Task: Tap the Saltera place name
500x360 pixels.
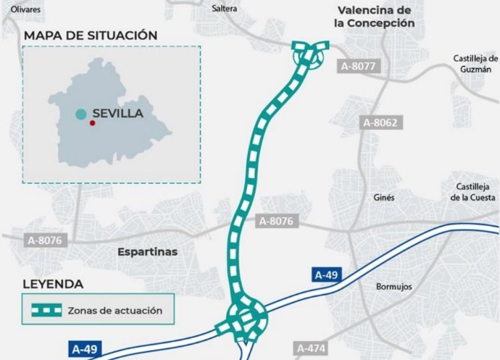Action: [225, 9]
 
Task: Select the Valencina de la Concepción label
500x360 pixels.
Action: [374, 17]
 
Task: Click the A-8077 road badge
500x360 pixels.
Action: [358, 66]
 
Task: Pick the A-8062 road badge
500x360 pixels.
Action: [380, 122]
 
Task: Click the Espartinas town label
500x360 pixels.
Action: [147, 251]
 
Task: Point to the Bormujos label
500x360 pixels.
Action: [393, 287]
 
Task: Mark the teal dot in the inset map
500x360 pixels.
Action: [81, 114]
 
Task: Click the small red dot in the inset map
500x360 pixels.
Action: [92, 123]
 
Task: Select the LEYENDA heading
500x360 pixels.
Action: [53, 284]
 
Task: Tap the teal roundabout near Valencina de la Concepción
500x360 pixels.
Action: [310, 54]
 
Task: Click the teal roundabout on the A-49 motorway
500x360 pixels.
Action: [246, 319]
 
